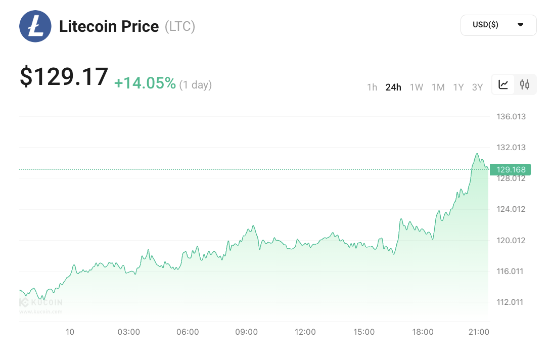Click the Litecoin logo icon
click(x=35, y=26)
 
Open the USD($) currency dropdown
click(x=498, y=25)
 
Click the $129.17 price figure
click(x=64, y=77)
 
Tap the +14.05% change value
click(x=145, y=83)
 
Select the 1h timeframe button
click(x=372, y=87)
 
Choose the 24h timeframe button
click(x=393, y=87)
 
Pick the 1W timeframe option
click(x=417, y=87)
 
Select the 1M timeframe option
click(x=438, y=87)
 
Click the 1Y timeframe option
click(x=458, y=87)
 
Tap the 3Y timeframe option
click(x=477, y=87)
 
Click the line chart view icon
click(x=503, y=84)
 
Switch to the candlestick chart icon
click(x=525, y=84)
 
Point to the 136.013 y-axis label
click(x=511, y=117)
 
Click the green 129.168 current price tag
click(x=510, y=169)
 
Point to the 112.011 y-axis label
click(x=511, y=302)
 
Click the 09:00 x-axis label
click(x=247, y=332)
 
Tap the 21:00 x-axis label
click(x=479, y=332)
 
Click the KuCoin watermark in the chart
click(x=41, y=303)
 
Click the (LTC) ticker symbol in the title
click(x=180, y=26)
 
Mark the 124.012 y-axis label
click(x=511, y=209)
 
